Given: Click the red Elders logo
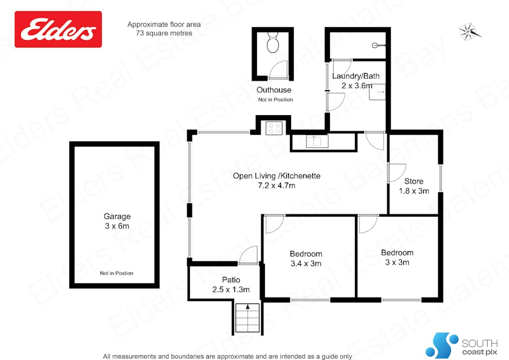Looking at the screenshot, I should coord(58,29).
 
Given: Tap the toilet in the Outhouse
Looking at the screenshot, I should coord(272,43).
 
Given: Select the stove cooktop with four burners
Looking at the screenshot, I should coord(274,128).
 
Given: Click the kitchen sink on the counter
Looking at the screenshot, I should coord(315,141).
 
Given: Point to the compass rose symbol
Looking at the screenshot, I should coord(470,31).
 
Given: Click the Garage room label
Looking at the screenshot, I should coord(117,217).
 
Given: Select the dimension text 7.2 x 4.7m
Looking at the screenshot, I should coord(277,186).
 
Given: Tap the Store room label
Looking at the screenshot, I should coord(414,181).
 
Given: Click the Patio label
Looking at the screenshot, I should coord(231,280).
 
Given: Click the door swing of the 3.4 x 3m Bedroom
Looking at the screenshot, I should coord(275,224).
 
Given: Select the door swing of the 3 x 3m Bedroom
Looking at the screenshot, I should coord(368,224).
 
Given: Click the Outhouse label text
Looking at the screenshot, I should coord(274,90).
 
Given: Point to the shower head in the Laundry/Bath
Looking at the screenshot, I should coord(377,45).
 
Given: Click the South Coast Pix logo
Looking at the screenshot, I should coord(462,345).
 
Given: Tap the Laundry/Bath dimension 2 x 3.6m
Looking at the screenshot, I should coord(356,85).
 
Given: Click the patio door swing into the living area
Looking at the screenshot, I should coord(248,255).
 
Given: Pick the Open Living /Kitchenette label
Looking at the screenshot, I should coord(277,176).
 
